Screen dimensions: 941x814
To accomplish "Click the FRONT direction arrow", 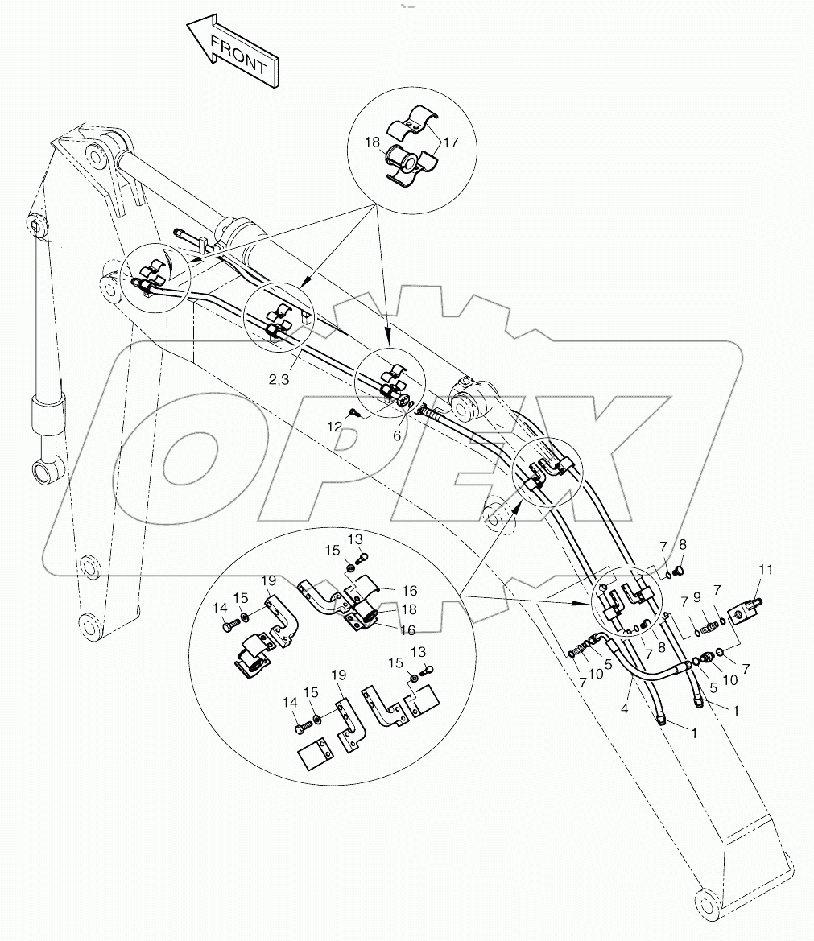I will coord(232,52).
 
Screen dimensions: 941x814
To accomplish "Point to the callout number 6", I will coord(397,435).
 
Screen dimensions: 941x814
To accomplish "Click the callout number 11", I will coord(765,570).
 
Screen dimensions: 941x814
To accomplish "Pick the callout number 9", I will coord(698,597).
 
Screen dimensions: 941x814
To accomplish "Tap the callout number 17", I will coord(448,143).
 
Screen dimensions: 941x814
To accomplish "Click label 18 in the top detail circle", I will coord(373,142).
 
